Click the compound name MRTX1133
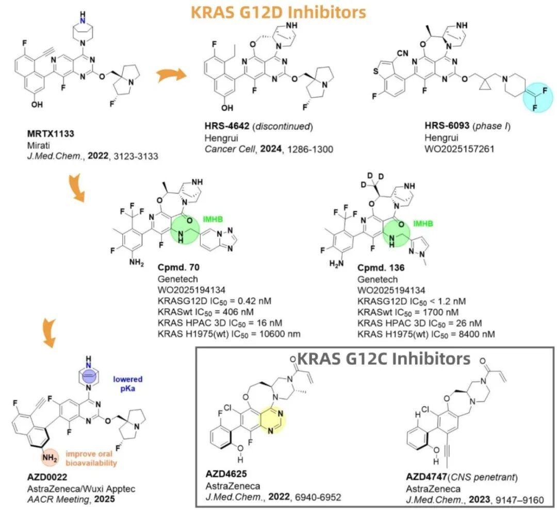51,134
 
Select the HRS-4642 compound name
227,126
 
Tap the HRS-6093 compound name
447,126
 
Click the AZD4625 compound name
226,474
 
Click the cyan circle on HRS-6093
538,97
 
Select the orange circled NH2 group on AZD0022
50,458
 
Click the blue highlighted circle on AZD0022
89,375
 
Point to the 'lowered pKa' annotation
127,384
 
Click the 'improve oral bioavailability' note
91,458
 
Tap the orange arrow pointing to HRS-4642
172,75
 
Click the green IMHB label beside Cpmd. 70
213,219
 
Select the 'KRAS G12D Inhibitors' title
278,12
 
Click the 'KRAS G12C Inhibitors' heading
384,359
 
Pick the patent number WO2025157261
460,148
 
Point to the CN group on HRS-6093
402,53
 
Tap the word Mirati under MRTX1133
38,145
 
